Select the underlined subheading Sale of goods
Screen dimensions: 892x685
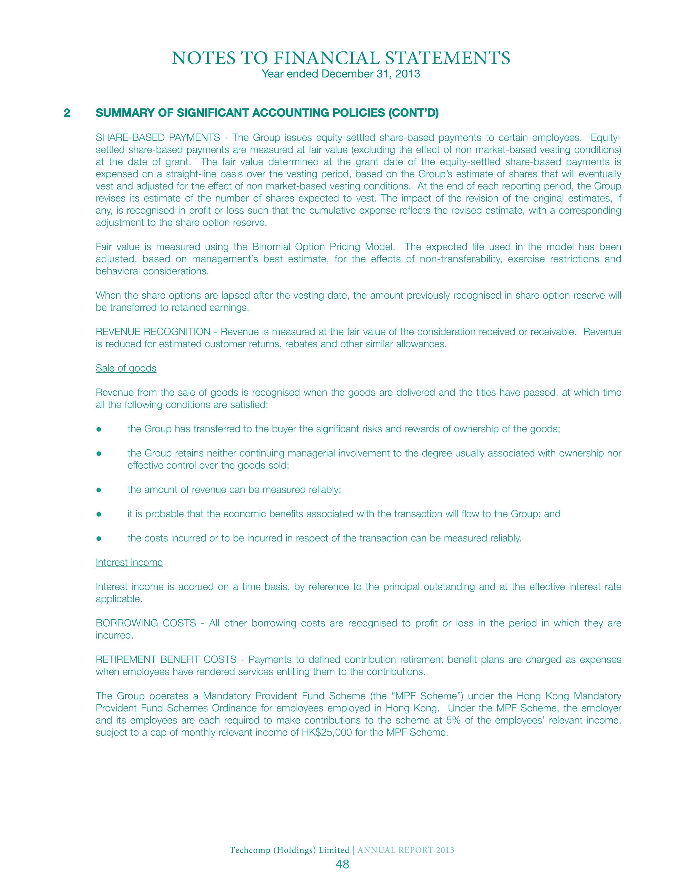pyautogui.click(x=126, y=368)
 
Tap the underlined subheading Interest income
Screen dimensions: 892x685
pyautogui.click(x=129, y=562)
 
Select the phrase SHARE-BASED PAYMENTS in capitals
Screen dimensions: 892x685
pyautogui.click(x=158, y=137)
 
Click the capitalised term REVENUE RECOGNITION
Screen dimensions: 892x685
pyautogui.click(x=153, y=332)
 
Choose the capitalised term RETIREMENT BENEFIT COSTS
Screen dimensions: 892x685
pyautogui.click(x=166, y=659)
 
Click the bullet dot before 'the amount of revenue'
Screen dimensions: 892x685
pyautogui.click(x=98, y=490)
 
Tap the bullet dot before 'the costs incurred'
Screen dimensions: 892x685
pyautogui.click(x=98, y=538)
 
